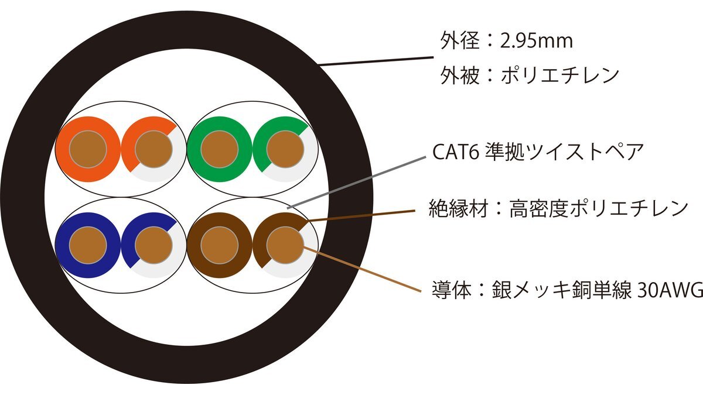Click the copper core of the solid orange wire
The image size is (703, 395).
click(88, 149)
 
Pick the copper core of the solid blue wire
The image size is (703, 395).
click(88, 245)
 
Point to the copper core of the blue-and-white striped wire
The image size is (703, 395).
click(153, 245)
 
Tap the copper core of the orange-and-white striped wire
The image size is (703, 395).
click(153, 149)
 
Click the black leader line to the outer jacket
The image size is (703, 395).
click(375, 61)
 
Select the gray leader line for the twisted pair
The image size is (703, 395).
click(357, 181)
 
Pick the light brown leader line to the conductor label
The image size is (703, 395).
click(363, 269)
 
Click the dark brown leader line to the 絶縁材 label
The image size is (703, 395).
click(363, 215)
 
